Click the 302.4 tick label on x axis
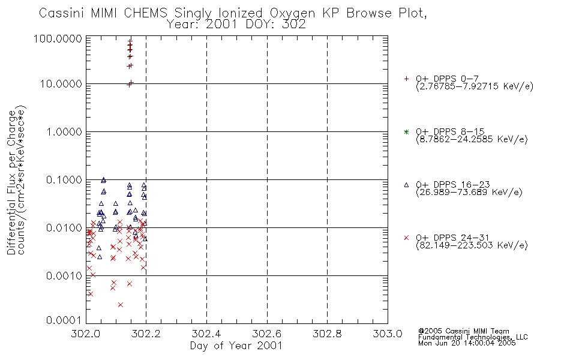click(x=206, y=334)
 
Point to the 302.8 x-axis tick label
click(x=327, y=334)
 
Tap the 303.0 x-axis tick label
click(x=388, y=334)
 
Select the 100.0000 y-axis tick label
click(x=58, y=38)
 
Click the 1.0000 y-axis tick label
click(x=64, y=131)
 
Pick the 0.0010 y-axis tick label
click(x=64, y=275)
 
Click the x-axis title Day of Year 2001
click(x=236, y=346)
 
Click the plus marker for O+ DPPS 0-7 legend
click(x=406, y=79)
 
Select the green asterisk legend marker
click(x=406, y=131)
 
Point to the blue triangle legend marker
click(x=406, y=185)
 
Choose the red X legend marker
click(x=406, y=238)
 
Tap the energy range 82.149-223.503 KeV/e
click(x=472, y=245)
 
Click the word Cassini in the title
click(x=61, y=13)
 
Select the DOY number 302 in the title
click(x=294, y=25)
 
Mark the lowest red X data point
click(x=121, y=305)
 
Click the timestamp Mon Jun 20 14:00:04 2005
click(x=467, y=343)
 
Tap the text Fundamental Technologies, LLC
click(x=473, y=337)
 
